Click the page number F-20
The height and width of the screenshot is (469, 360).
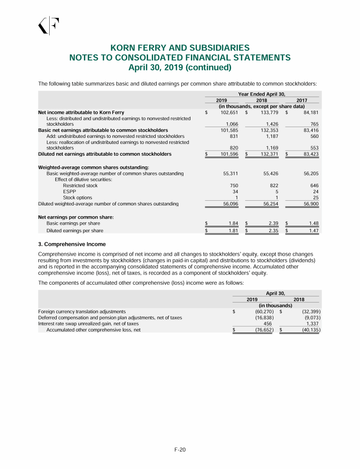(180, 449)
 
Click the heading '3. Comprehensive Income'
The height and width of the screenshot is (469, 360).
(72, 244)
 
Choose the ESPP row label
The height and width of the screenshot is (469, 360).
(69, 191)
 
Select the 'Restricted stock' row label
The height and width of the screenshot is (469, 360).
(80, 185)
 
